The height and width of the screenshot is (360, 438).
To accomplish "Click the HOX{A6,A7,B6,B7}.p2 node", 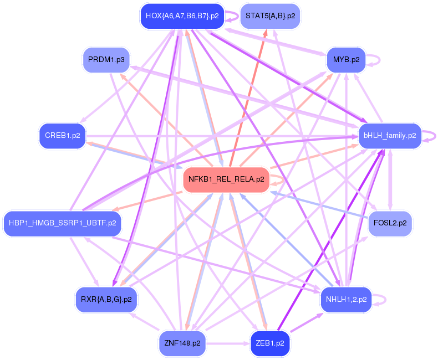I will [182, 16].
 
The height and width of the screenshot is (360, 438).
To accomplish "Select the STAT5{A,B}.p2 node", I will [270, 16].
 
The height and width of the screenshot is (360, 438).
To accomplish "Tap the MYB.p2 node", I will [346, 59].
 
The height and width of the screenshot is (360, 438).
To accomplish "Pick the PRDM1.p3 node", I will [106, 59].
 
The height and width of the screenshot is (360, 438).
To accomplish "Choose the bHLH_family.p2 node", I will [390, 135].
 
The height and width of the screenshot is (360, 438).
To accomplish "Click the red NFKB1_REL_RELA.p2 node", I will [226, 179].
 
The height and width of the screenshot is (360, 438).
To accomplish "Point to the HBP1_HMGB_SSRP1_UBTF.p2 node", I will [63, 223].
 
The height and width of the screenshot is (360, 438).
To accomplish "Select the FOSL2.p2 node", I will [390, 223].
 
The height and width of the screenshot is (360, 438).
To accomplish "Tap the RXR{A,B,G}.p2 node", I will [106, 300].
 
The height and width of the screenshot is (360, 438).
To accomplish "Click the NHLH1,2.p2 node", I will [346, 300].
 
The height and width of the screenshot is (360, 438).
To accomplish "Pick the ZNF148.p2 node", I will [182, 343].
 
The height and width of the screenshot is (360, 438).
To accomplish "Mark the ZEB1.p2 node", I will [270, 343].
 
